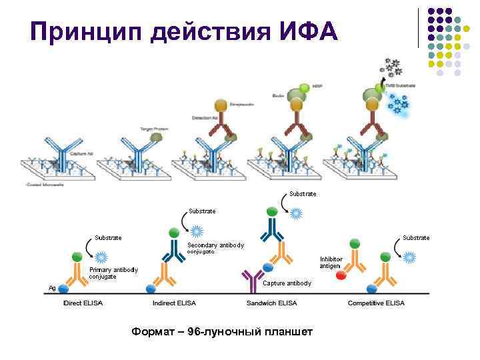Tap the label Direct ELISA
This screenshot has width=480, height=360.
coord(82,303)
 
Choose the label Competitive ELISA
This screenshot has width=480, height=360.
coord(376,303)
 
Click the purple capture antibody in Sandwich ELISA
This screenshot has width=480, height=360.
coord(253,281)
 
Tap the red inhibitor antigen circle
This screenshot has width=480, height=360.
coord(341,275)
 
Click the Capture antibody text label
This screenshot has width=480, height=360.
coord(287,283)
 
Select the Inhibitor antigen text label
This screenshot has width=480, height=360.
coord(331,262)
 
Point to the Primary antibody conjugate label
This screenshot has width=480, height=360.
coord(113,273)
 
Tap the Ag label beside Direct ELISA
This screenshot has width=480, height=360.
coord(51,288)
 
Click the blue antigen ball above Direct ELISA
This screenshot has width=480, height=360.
coord(63,288)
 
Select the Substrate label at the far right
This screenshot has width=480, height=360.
coord(416,237)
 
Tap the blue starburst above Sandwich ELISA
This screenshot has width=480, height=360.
coord(296,213)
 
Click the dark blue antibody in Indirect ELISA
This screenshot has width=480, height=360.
coord(169,249)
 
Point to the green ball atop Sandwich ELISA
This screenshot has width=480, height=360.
coord(272,211)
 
